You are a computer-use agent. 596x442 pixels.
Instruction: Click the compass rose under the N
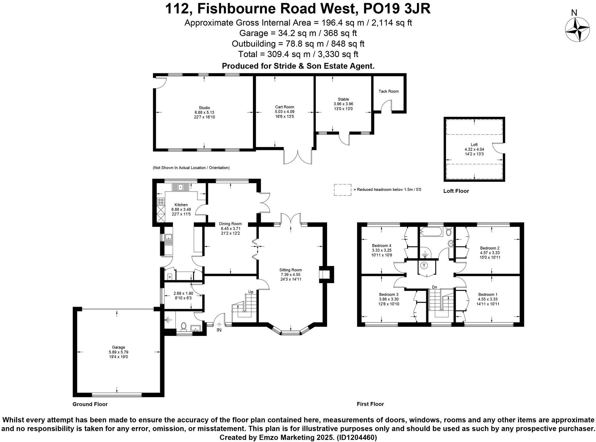click(577, 29)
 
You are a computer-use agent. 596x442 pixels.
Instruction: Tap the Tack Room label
click(388, 91)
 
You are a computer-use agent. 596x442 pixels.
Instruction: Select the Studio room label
click(204, 108)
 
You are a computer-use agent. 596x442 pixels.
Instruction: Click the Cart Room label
click(284, 107)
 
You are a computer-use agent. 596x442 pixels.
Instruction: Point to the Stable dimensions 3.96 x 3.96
click(343, 104)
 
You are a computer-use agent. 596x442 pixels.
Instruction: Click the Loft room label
click(474, 145)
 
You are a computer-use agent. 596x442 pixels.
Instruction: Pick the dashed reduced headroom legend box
click(343, 190)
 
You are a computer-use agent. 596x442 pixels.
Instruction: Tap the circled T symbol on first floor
click(424, 265)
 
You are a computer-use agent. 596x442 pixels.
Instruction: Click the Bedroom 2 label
click(490, 248)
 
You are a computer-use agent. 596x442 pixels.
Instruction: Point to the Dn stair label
click(434, 287)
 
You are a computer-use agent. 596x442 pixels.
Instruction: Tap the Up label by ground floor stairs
click(251, 292)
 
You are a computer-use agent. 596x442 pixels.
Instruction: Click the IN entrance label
click(219, 330)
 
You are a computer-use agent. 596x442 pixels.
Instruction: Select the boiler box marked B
click(169, 277)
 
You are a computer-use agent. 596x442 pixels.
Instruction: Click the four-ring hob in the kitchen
click(161, 201)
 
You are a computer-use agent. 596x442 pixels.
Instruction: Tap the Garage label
click(118, 347)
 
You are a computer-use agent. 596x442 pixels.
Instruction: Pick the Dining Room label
click(230, 223)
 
